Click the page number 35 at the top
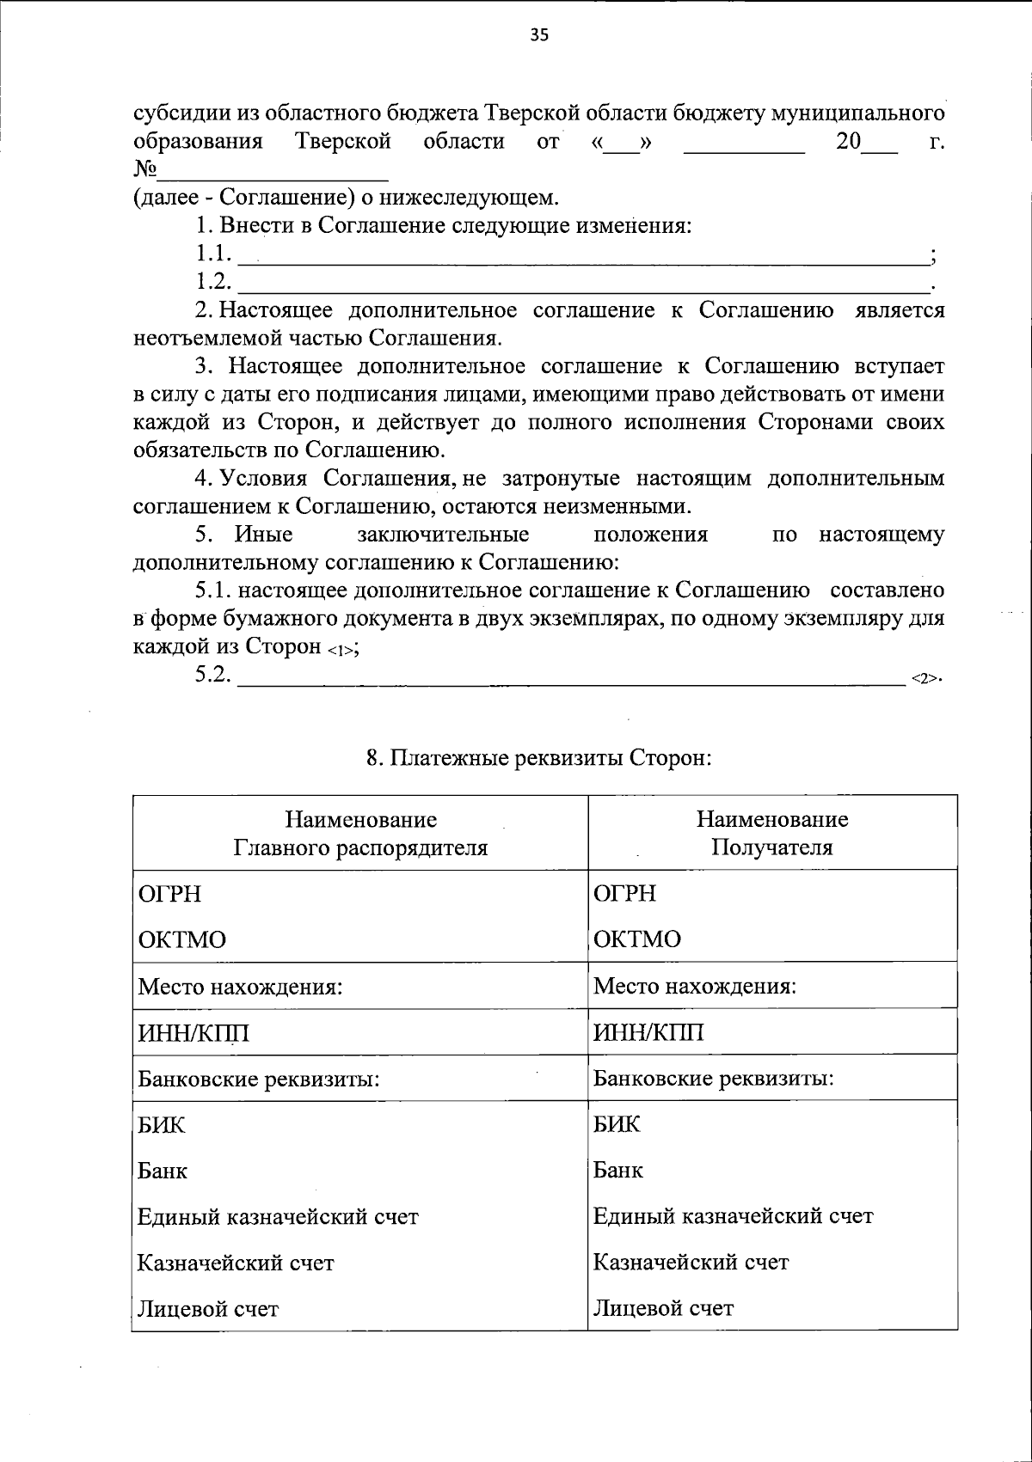click(539, 35)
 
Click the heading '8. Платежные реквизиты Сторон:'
click(539, 758)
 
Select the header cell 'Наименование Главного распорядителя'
click(360, 833)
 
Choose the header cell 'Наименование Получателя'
click(771, 833)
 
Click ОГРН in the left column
click(169, 894)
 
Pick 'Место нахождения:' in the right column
click(694, 986)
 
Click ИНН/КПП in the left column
click(193, 1032)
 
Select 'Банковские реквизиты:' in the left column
click(259, 1079)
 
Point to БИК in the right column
click(617, 1124)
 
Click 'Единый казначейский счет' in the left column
click(278, 1217)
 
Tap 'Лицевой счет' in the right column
click(663, 1309)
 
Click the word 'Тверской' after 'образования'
click(343, 141)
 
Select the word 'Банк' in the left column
click(163, 1171)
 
